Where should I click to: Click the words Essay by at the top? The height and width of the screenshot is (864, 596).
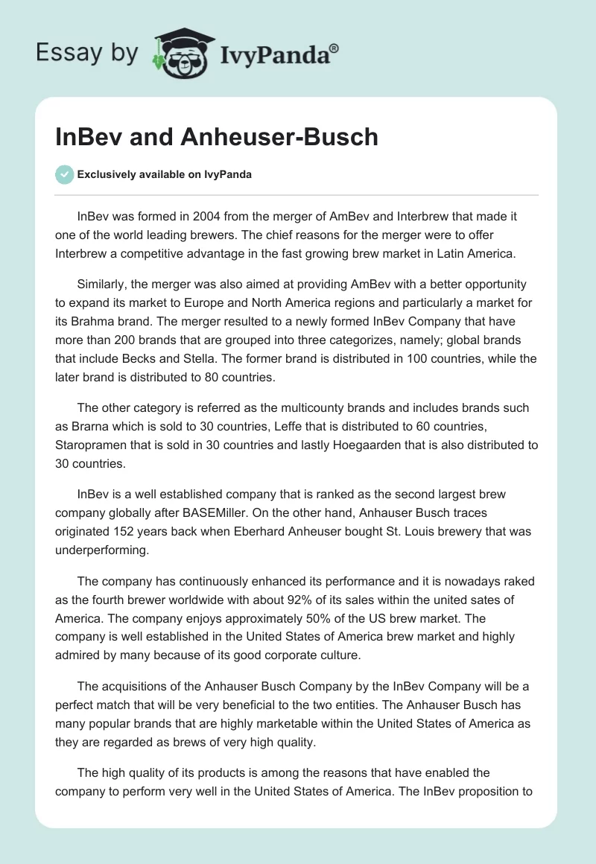click(87, 53)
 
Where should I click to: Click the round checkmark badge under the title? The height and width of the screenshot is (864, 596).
click(64, 174)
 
